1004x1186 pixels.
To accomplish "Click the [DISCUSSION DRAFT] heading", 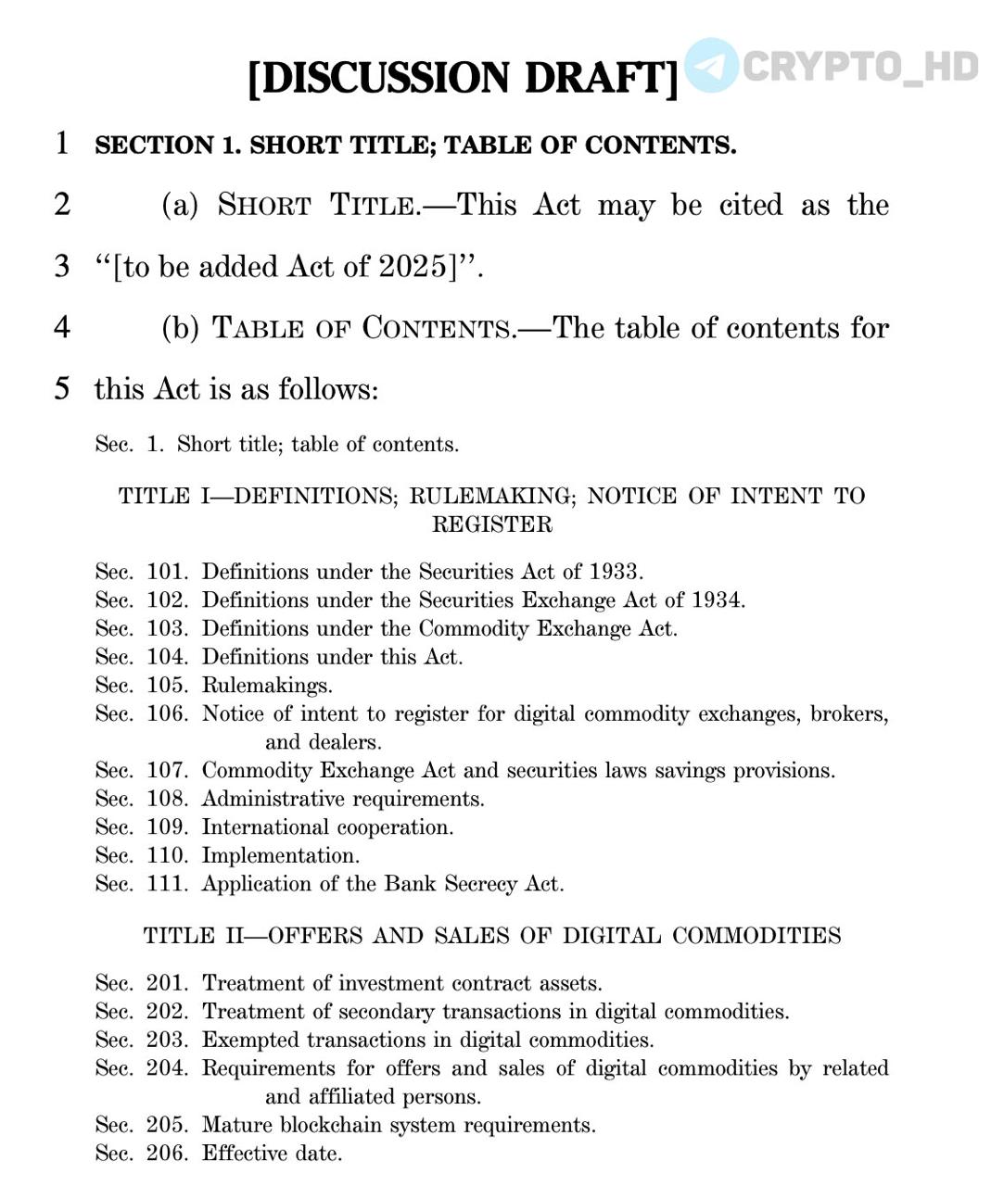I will pyautogui.click(x=464, y=78).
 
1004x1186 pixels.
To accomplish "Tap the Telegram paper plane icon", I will pyautogui.click(x=712, y=65).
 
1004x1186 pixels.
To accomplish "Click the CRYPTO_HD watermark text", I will pyautogui.click(x=860, y=67).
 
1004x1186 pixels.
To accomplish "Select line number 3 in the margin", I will pyautogui.click(x=62, y=267).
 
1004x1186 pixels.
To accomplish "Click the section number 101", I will pyautogui.click(x=167, y=572).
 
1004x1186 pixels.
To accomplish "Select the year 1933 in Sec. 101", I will pyautogui.click(x=616, y=572).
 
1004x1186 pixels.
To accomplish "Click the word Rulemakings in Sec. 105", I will pyautogui.click(x=266, y=686).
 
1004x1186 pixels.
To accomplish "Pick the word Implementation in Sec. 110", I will pyautogui.click(x=280, y=856).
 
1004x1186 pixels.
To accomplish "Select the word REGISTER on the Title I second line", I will pyautogui.click(x=492, y=524).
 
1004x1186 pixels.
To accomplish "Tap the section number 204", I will pyautogui.click(x=167, y=1068).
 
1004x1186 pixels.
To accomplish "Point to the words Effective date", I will pyautogui.click(x=272, y=1154).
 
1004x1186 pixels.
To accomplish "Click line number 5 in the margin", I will pyautogui.click(x=62, y=388).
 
